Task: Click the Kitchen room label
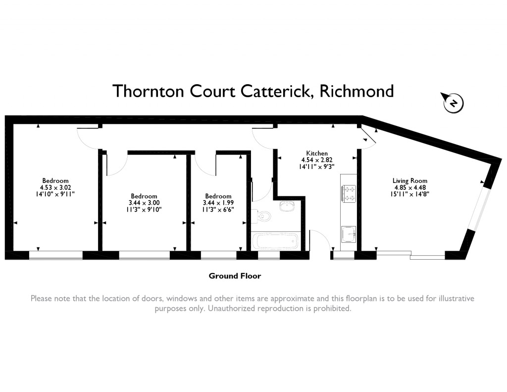coord(316,154)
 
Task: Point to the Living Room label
coord(409,181)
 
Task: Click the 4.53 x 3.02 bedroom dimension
coord(55,188)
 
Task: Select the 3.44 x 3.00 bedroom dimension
coord(144,203)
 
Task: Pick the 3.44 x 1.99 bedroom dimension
coord(218,203)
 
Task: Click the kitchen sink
coord(349,233)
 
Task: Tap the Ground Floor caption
coord(235,276)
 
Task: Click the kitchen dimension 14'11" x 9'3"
coord(316,168)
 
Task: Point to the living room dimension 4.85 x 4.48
coord(409,188)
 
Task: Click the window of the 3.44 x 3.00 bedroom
coord(144,255)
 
